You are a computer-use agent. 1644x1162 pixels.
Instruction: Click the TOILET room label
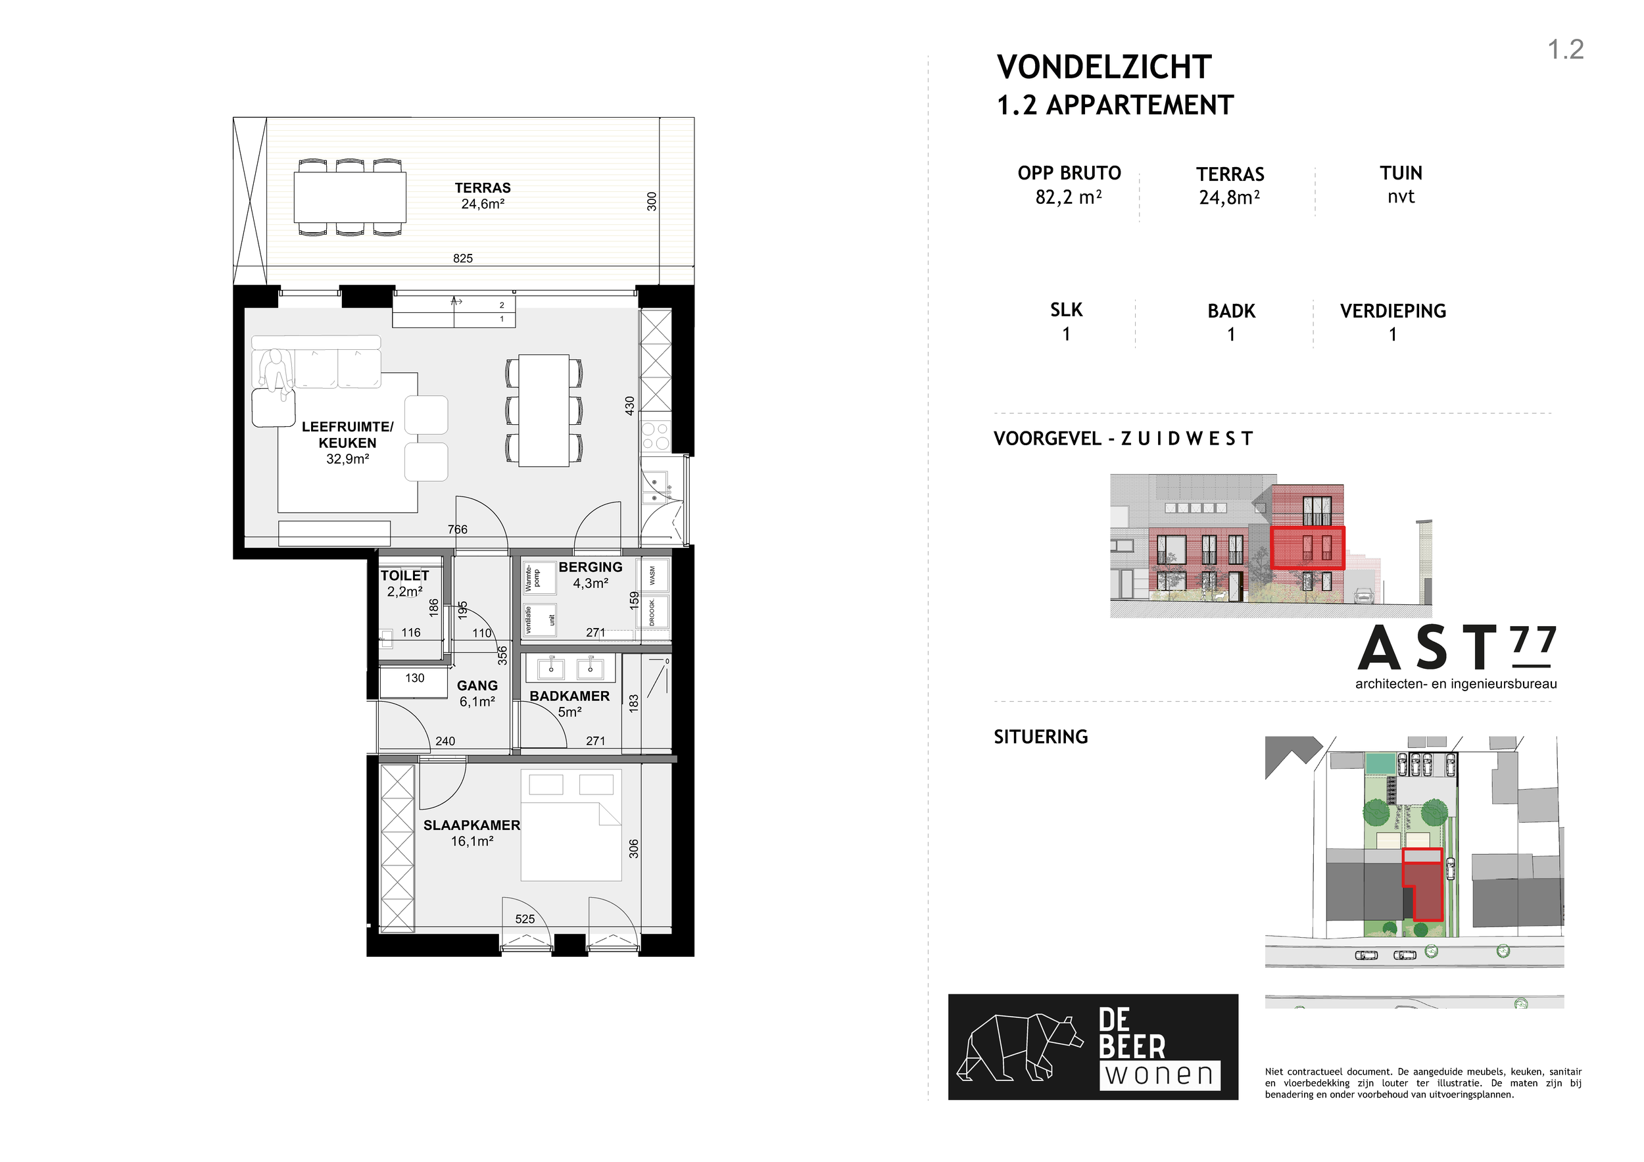404,575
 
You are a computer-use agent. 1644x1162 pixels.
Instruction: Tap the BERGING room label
591,567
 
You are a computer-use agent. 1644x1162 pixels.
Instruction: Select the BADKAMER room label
570,696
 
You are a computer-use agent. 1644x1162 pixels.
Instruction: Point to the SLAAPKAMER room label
472,825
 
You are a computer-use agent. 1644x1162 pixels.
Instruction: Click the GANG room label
477,686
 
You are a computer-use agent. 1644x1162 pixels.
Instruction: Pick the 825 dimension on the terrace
463,258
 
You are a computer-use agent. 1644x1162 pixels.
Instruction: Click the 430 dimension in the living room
630,406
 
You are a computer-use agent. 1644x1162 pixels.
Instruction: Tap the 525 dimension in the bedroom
525,919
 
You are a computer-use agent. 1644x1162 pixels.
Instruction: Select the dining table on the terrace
351,197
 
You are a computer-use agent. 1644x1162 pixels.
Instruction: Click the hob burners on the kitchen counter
655,436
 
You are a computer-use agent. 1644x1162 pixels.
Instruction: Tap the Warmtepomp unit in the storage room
540,578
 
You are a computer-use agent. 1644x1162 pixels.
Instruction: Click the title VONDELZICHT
1104,67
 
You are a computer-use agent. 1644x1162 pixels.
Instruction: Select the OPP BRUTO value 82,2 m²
1069,197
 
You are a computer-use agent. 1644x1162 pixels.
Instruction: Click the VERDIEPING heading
1393,312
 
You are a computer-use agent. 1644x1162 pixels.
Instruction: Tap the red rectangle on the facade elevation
1307,548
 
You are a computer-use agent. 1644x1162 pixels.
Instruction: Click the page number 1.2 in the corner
1566,49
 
